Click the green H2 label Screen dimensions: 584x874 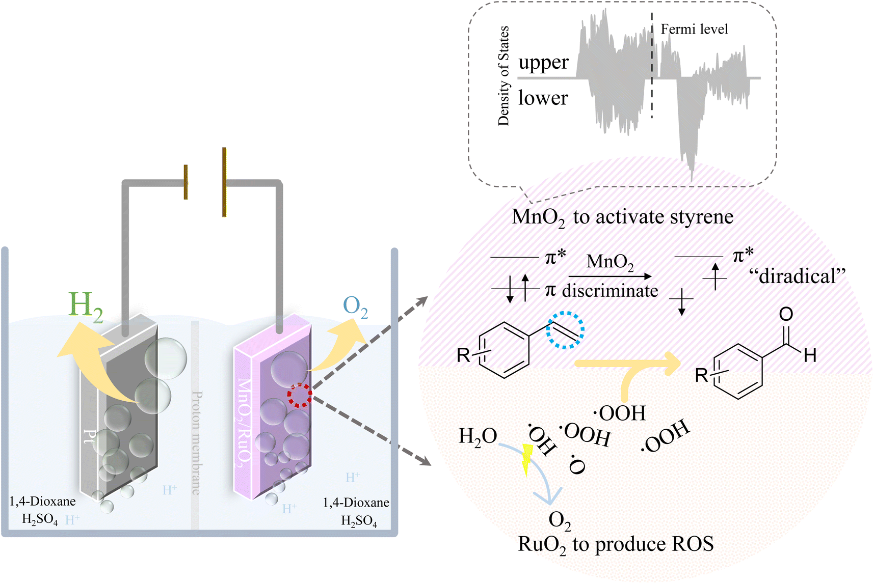click(x=86, y=307)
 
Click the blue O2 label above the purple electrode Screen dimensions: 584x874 click(x=355, y=307)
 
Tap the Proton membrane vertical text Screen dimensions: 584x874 click(x=196, y=443)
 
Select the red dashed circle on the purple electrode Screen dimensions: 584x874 click(x=299, y=396)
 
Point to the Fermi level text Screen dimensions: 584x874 click(x=694, y=30)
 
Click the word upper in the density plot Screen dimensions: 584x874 click(x=543, y=63)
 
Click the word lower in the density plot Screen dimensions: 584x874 click(x=543, y=98)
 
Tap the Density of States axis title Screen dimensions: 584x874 click(x=504, y=75)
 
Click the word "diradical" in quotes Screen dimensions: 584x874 click(x=797, y=276)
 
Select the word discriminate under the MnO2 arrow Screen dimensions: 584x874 click(x=610, y=291)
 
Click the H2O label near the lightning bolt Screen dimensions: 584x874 click(x=478, y=436)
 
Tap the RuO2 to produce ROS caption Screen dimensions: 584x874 click(x=615, y=544)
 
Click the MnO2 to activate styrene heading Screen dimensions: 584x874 click(x=622, y=217)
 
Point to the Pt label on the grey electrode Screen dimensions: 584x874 click(x=90, y=437)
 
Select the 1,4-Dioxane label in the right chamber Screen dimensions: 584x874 click(x=356, y=503)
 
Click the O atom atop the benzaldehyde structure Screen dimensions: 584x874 click(x=786, y=314)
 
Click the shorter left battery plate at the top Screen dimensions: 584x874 click(x=186, y=182)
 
